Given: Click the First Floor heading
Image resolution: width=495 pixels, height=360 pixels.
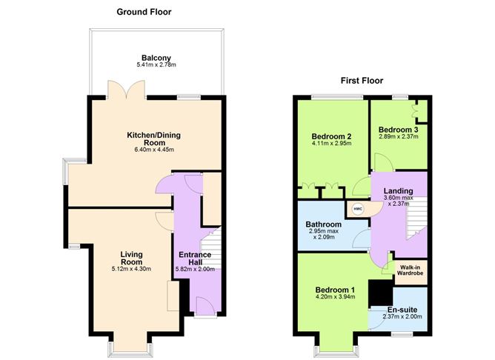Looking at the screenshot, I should point(362,81).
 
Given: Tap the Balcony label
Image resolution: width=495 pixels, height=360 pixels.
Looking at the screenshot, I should point(156,58).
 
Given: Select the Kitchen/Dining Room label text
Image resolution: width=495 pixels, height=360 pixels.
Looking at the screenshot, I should point(154,140).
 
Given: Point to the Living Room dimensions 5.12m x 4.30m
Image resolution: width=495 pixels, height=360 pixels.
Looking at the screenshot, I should point(131,269).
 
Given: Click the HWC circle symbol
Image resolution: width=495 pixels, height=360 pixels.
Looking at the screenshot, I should point(358,209).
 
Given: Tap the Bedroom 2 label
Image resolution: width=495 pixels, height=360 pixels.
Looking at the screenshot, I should point(331,136).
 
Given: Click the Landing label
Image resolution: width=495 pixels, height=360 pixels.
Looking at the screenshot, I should point(398,191).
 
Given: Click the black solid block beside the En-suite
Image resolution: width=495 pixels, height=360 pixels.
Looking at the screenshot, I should point(380,292).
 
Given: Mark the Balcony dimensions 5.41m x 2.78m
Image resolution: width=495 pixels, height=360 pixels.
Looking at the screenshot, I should point(156,66).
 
